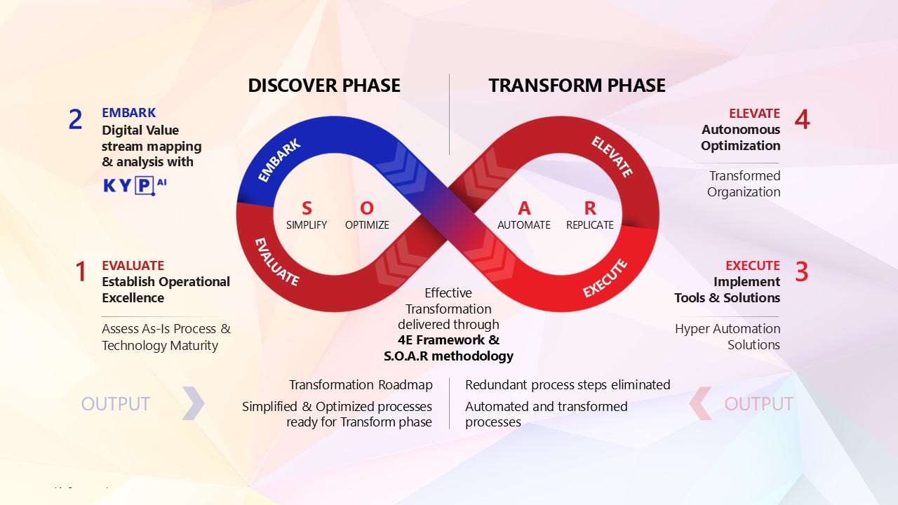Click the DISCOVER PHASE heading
click(324, 86)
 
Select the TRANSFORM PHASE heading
click(577, 86)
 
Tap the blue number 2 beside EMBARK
click(75, 120)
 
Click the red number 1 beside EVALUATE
click(81, 272)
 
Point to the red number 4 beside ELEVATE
click(802, 120)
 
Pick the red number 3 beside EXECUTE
click(801, 272)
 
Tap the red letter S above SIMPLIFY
click(307, 208)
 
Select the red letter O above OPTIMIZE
click(367, 208)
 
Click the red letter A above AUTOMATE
click(524, 208)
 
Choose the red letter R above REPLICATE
click(590, 208)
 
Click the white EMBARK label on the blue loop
click(279, 161)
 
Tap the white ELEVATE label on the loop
click(612, 156)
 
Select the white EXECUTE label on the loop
click(605, 278)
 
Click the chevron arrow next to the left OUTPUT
click(193, 403)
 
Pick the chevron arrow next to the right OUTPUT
click(701, 403)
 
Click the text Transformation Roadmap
click(361, 385)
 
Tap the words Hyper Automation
click(728, 328)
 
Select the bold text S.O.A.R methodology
click(449, 356)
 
